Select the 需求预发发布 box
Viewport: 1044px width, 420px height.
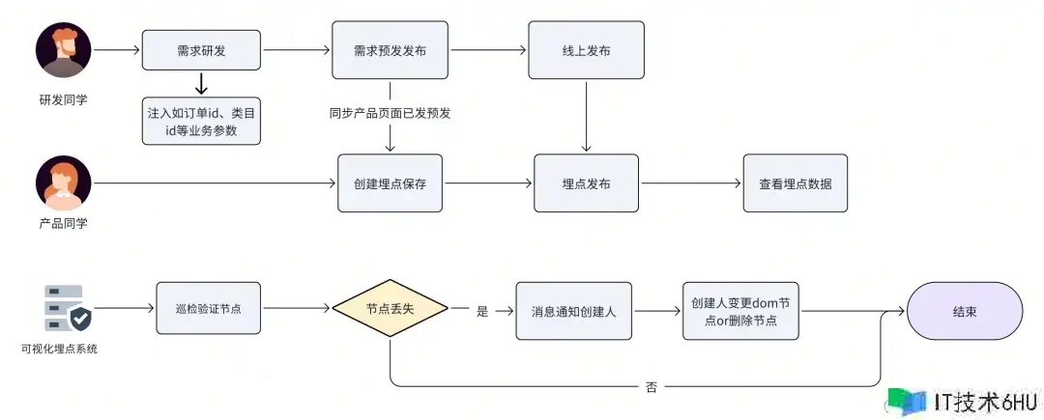coord(390,49)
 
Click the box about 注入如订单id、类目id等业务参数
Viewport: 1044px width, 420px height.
coord(201,122)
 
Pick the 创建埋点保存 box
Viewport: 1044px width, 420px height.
coord(390,183)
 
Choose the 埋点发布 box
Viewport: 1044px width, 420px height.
coord(586,183)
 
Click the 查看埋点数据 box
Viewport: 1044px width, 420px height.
coord(795,183)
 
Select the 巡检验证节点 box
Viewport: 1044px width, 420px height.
coord(209,308)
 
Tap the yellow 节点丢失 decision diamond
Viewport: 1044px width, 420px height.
coord(390,308)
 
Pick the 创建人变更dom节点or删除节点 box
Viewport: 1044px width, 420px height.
coord(740,311)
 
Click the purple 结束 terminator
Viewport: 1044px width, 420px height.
coord(964,311)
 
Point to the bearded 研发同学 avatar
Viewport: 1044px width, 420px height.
coord(64,50)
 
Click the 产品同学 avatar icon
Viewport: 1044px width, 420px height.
coord(64,183)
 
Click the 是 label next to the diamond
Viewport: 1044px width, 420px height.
coord(482,311)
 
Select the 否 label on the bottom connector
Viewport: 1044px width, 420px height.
coord(651,386)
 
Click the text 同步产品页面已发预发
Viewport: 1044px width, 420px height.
coord(390,113)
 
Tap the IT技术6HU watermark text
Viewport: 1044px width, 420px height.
coord(986,401)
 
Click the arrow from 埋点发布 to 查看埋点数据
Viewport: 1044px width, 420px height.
coord(690,183)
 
